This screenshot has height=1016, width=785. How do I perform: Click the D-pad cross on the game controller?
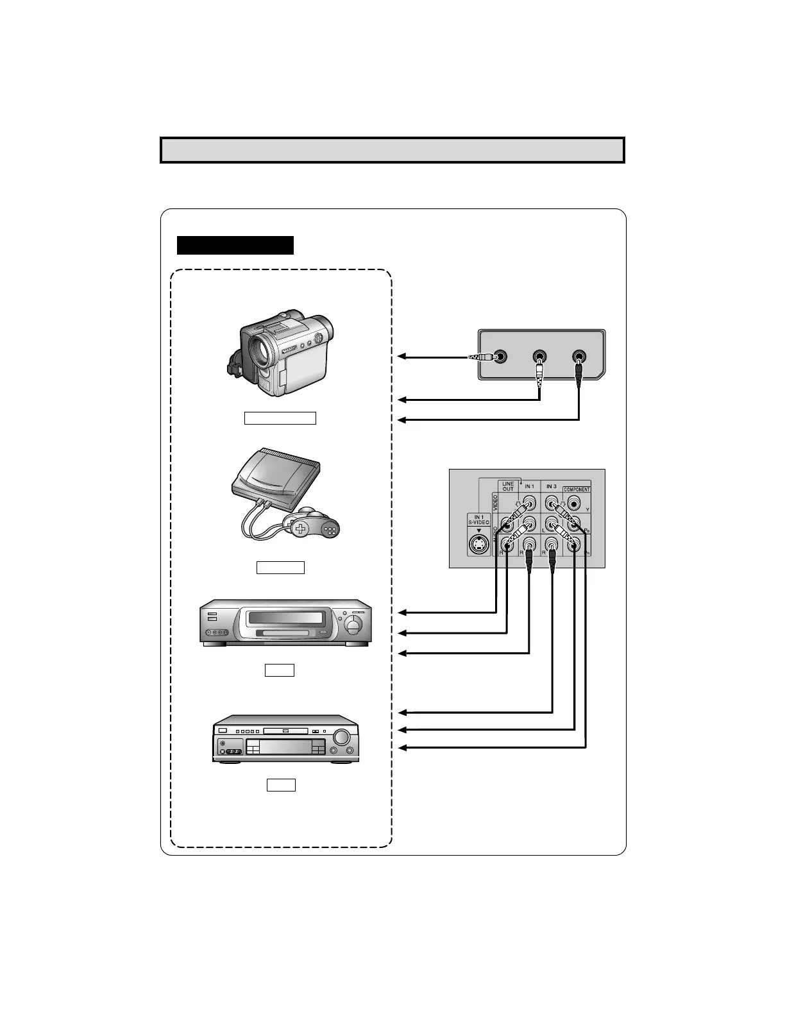tap(301, 529)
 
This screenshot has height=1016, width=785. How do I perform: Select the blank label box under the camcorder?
tap(280, 418)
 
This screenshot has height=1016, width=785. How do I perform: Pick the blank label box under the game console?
tap(280, 567)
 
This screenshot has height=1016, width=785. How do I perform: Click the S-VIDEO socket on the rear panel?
tap(478, 545)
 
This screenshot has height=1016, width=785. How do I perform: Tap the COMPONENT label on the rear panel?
tap(577, 489)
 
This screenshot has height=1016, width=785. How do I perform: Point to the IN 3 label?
tap(551, 487)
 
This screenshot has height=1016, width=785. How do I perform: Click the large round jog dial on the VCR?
tap(353, 625)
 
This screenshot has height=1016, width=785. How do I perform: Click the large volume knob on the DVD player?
tap(343, 736)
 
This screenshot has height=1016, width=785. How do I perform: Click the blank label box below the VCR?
tap(280, 670)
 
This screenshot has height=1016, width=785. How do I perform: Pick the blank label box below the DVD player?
tap(281, 784)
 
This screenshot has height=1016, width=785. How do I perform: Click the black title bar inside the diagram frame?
tap(235, 245)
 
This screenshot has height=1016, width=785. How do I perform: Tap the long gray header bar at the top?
tap(392, 150)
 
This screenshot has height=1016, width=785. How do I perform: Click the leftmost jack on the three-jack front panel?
tap(500, 357)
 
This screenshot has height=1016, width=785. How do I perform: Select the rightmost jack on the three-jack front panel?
tap(579, 357)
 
